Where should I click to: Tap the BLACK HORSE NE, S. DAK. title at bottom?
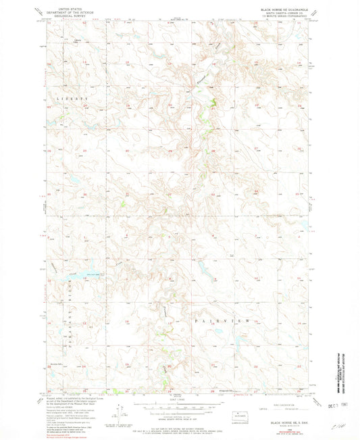point(288,421)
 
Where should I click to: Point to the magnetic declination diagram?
point(119,410)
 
